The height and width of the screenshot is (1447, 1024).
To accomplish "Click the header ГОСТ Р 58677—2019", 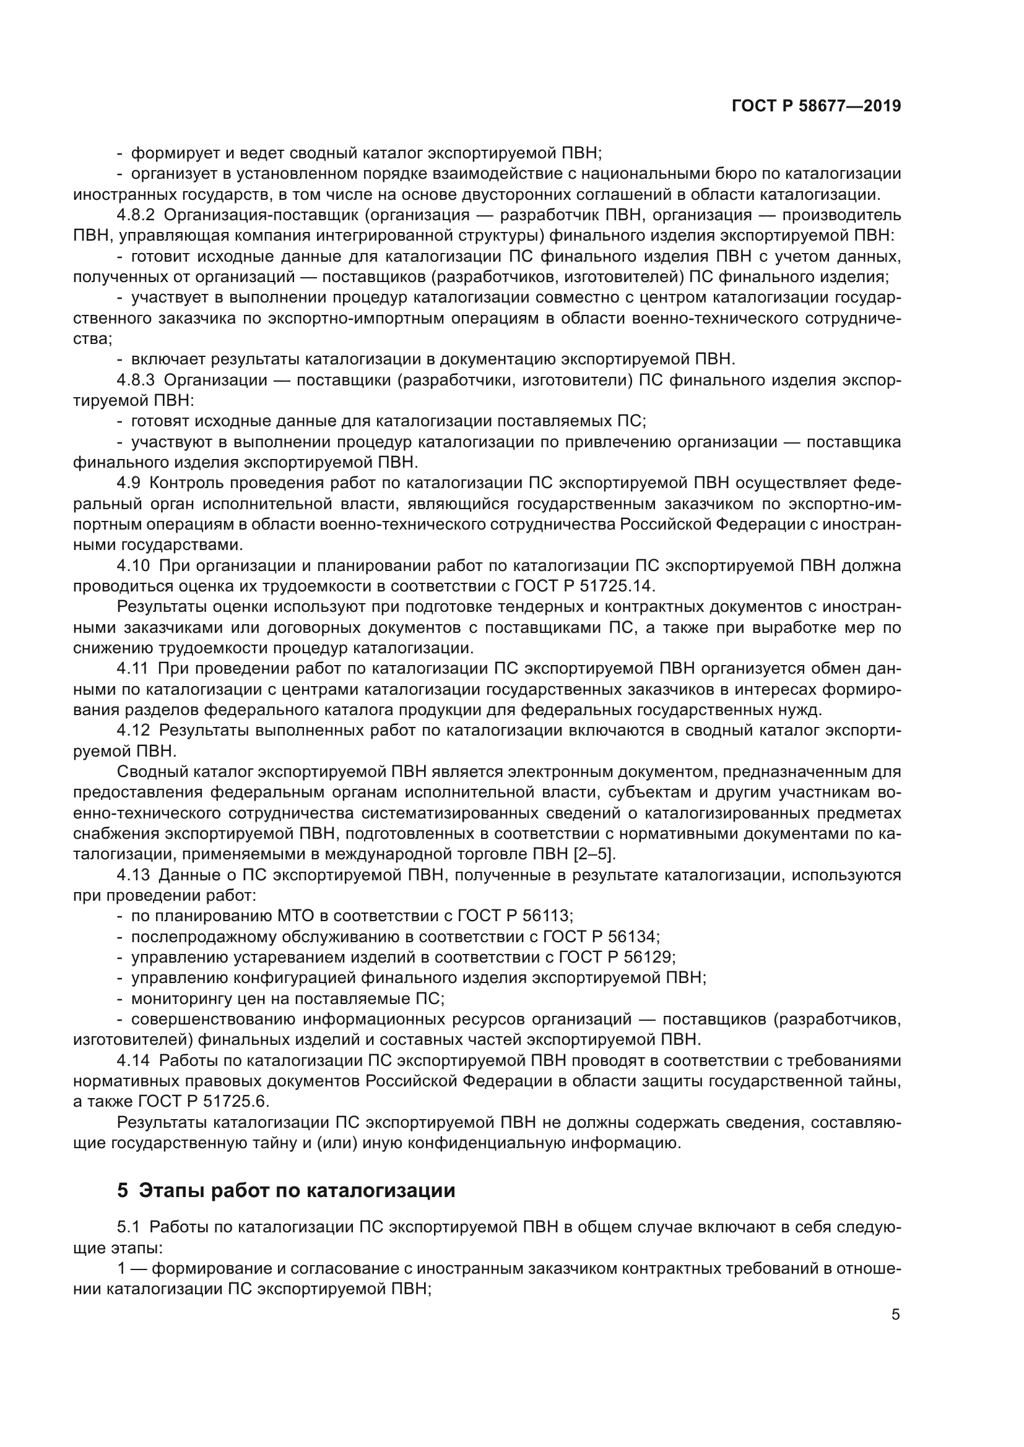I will (x=816, y=106).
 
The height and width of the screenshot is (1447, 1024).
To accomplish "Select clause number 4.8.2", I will (x=136, y=215).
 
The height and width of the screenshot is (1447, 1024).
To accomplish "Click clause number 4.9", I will (x=129, y=483).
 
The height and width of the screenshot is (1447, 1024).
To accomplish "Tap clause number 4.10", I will (x=133, y=566).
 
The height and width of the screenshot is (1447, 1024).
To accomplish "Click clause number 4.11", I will (x=132, y=669).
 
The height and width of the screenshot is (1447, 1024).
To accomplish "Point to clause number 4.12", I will (x=133, y=731).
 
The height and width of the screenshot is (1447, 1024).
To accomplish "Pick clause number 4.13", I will (x=133, y=875).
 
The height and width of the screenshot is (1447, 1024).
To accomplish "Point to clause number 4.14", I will (x=133, y=1061).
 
